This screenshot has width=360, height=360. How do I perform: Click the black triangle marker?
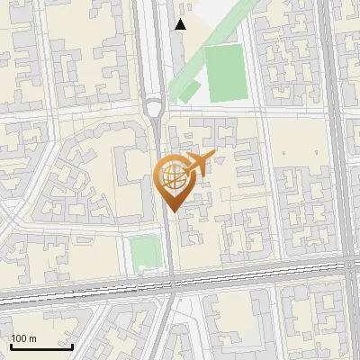(x=181, y=24)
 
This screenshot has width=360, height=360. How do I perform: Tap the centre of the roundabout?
(x=154, y=109)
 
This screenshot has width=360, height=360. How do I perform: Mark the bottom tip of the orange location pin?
(x=171, y=211)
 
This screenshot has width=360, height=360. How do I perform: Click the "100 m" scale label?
(x=24, y=338)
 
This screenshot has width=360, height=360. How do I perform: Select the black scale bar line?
(x=41, y=346)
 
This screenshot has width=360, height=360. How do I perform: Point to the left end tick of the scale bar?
(x=11, y=345)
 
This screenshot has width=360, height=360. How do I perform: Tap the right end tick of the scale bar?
(x=72, y=345)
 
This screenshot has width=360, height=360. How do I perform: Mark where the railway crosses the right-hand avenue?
(x=346, y=266)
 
